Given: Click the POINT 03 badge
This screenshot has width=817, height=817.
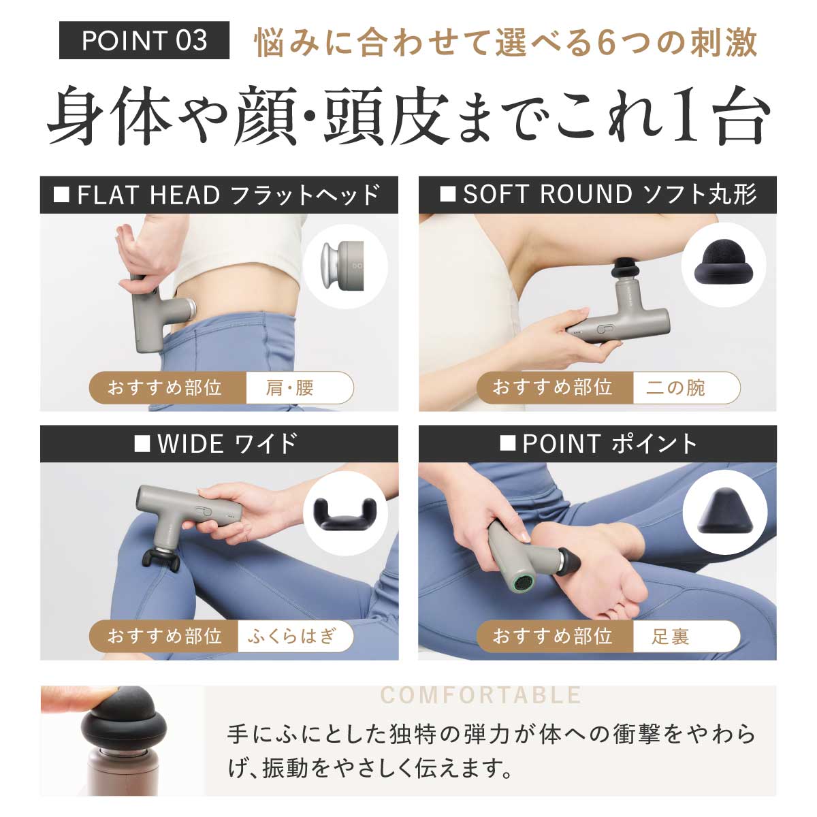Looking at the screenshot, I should [144, 41].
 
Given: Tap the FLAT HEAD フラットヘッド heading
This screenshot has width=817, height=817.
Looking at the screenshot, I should [219, 195].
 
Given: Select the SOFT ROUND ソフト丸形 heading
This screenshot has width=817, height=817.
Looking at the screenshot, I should [598, 195].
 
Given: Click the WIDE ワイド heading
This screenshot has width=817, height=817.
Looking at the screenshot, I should [219, 444].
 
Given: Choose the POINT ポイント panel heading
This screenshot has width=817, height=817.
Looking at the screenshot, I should [598, 444].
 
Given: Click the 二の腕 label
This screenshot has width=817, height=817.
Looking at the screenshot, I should [677, 388].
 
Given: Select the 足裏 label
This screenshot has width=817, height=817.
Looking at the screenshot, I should [671, 637].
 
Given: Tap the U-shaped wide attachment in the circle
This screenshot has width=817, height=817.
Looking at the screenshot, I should [344, 514].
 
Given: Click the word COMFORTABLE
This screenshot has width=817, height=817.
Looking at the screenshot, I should [481, 695].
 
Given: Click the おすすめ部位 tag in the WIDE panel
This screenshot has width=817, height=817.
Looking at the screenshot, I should [165, 637].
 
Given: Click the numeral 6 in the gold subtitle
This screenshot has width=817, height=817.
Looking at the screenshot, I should [607, 43].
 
